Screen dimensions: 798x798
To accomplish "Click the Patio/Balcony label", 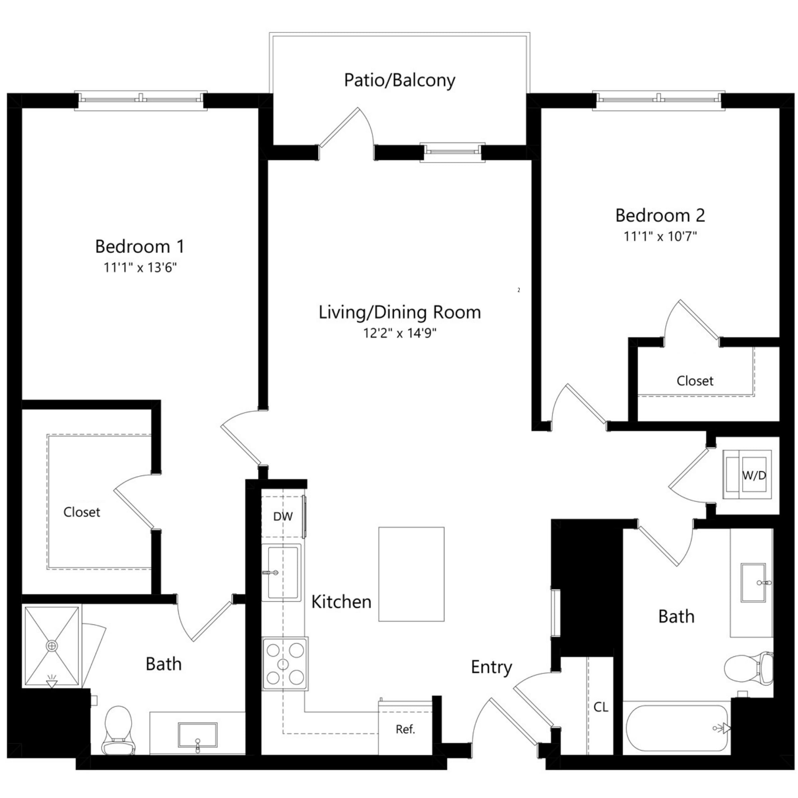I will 399,80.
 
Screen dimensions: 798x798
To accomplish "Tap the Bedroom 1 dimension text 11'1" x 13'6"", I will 140,268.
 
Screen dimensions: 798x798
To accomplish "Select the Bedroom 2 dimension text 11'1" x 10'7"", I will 660,237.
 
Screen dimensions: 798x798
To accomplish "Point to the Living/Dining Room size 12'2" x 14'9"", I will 399,333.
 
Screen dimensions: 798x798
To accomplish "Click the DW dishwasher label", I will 283,516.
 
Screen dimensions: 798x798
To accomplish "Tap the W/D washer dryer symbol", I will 747,474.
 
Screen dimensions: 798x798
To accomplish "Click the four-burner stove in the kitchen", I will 284,664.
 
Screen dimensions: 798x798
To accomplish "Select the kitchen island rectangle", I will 411,574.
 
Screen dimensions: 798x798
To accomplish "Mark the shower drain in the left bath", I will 52,646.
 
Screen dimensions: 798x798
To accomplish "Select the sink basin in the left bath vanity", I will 198,735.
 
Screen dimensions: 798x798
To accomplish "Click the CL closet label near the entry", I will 600,707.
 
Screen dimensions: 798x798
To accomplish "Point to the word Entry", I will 491,667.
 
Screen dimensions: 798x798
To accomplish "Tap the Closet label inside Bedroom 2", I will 695,381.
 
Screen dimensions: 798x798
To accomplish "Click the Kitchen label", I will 341,602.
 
